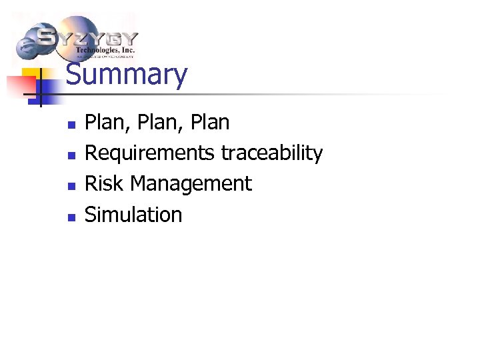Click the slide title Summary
(x=127, y=75)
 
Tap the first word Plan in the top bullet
(x=100, y=123)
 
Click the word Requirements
(x=150, y=153)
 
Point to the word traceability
(x=271, y=153)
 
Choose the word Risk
(x=104, y=183)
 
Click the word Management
(x=191, y=183)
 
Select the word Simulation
(x=133, y=214)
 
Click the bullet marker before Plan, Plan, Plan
(x=72, y=125)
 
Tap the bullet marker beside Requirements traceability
(x=72, y=155)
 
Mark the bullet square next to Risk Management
(x=72, y=186)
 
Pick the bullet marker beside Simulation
(x=72, y=217)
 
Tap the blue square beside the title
(x=50, y=94)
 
